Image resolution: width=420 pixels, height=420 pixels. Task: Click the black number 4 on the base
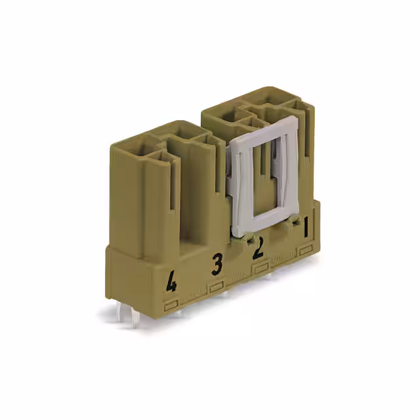172,283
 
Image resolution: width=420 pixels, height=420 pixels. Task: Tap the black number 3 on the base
217,264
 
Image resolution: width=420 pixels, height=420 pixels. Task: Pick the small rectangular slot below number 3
217,287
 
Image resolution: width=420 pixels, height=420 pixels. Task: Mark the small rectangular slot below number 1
306,250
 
